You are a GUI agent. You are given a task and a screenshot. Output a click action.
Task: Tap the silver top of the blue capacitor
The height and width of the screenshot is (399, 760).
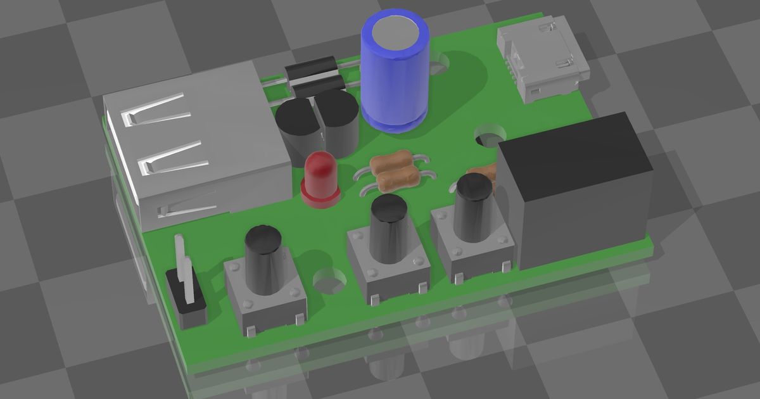tap(393, 32)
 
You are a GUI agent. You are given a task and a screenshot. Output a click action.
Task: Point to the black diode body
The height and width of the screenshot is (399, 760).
tap(310, 75)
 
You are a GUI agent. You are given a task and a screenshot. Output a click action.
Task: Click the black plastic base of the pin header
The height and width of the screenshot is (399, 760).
tap(187, 304)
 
